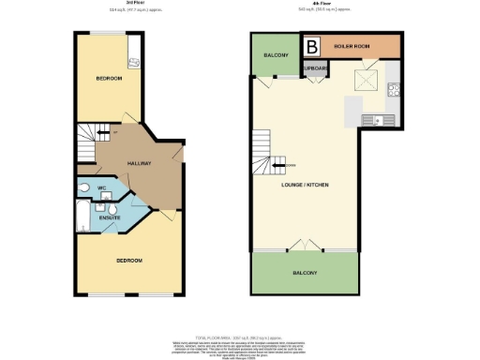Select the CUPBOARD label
312,68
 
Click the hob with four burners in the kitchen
395,91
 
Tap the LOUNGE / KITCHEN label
305,184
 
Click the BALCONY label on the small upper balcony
275,56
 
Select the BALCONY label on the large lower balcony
304,273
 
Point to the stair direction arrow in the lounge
277,164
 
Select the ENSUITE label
110,219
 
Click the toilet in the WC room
85,187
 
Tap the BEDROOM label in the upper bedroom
109,78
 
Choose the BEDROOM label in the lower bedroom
129,260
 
